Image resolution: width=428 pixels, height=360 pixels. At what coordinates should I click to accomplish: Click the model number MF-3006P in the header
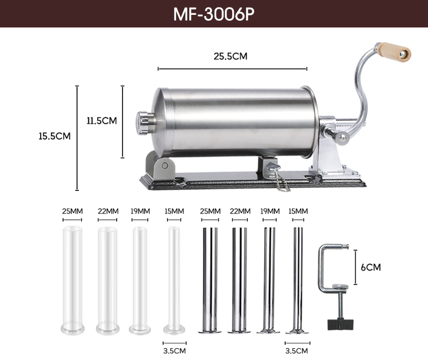tap(213, 14)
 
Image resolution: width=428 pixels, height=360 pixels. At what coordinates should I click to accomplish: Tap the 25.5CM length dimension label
tap(231, 56)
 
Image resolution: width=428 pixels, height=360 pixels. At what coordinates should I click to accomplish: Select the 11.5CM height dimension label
tap(102, 121)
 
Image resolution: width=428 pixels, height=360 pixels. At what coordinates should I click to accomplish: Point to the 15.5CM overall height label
tap(55, 136)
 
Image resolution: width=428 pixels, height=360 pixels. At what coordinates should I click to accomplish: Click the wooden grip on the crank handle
tap(394, 52)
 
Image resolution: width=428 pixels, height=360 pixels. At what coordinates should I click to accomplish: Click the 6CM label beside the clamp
tap(371, 267)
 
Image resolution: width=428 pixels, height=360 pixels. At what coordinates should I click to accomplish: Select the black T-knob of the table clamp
tap(340, 324)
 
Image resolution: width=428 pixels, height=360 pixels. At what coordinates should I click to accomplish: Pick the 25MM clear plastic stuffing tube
tap(72, 280)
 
